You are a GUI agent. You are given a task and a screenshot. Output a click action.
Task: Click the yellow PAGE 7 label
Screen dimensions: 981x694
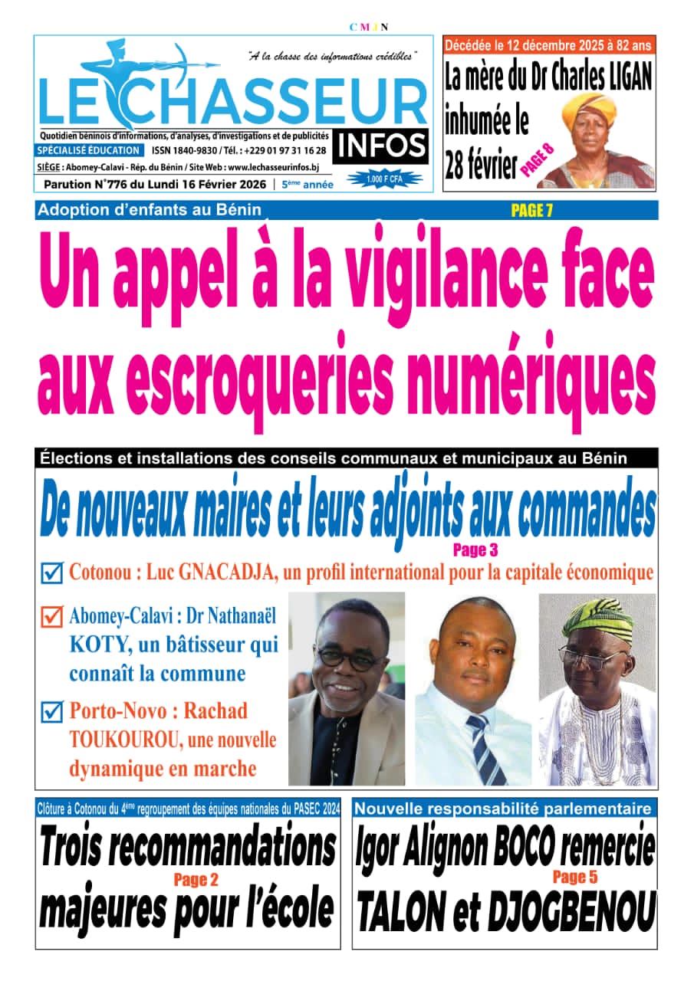[x=531, y=212]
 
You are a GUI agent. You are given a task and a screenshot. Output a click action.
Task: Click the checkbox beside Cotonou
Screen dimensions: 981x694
[x=51, y=573]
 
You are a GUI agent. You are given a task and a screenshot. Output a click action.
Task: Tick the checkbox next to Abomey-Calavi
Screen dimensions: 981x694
[x=51, y=616]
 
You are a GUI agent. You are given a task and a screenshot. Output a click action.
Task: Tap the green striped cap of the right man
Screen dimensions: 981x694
[x=598, y=619]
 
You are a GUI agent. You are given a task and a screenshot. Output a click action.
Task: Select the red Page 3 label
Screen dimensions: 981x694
[x=475, y=550]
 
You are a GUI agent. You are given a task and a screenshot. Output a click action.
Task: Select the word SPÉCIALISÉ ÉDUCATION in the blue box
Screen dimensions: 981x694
[x=89, y=151]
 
